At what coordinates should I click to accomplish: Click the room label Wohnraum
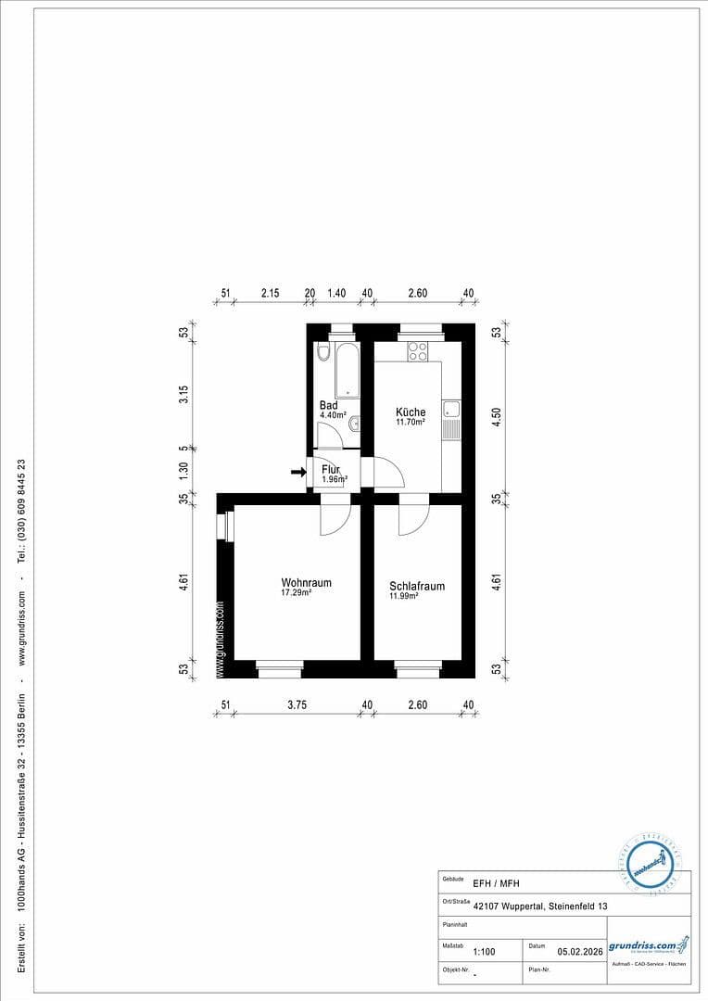click(306, 583)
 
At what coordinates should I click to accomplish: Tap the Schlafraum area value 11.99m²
click(404, 596)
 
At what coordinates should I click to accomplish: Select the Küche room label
click(411, 412)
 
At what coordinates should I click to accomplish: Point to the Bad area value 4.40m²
click(334, 416)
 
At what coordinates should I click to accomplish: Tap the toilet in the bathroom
click(322, 352)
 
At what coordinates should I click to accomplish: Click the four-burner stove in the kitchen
click(418, 352)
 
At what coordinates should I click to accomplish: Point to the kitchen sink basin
click(451, 409)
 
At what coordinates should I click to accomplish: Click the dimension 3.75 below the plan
click(297, 705)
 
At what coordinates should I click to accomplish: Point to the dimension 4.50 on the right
click(497, 417)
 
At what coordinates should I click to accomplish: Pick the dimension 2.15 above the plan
click(270, 293)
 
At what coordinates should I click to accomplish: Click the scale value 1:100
click(484, 951)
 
